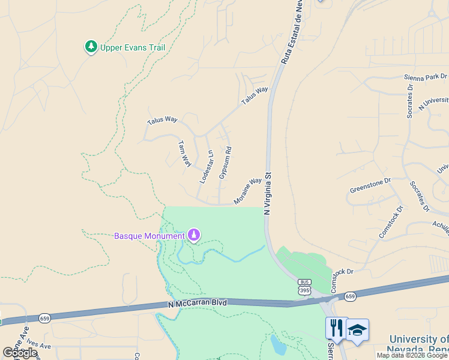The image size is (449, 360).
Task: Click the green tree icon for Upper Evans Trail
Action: coord(91,47)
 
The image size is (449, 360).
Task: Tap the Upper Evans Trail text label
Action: coord(132,47)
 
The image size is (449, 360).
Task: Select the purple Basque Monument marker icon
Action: coord(194,235)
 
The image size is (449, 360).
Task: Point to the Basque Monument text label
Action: coord(149,236)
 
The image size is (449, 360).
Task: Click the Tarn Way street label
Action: coord(184,154)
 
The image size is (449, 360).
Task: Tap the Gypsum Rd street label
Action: coord(225,163)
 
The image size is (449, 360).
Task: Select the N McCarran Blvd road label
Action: coord(197,304)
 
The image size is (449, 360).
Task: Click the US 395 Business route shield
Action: coord(304,287)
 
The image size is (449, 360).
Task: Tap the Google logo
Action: coord(20,353)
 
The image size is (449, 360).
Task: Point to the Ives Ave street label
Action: coord(38,346)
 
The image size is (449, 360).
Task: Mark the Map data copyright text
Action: coord(412,355)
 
